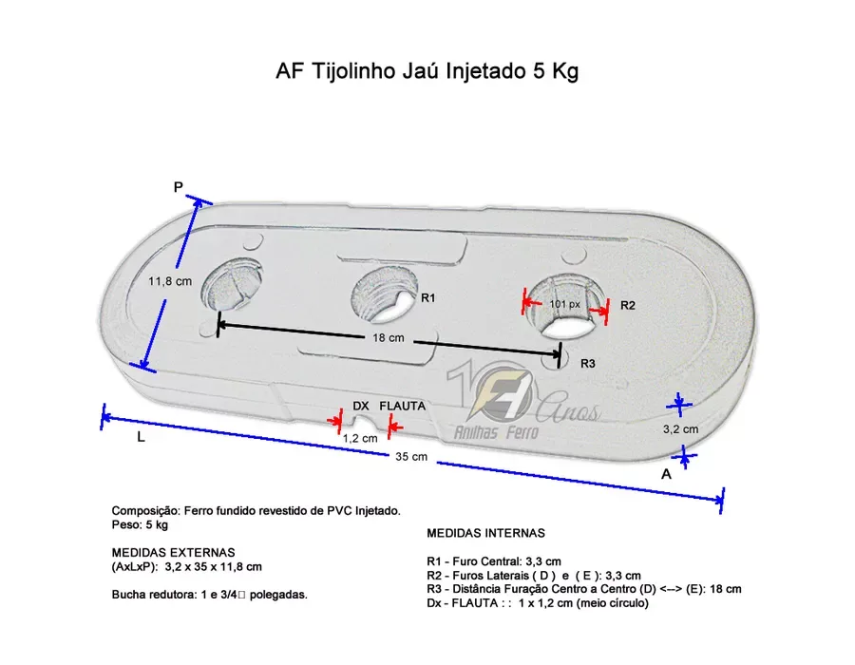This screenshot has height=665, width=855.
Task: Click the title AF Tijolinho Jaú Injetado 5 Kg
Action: click(x=427, y=71)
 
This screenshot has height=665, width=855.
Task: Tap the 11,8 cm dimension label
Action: click(x=170, y=281)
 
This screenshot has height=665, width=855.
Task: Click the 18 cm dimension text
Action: click(x=389, y=338)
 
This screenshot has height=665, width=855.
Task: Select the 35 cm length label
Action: click(x=411, y=457)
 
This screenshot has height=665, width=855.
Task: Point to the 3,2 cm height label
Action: click(x=680, y=429)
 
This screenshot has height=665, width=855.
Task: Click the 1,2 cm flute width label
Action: click(x=360, y=438)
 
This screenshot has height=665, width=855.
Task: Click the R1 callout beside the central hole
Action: click(x=428, y=297)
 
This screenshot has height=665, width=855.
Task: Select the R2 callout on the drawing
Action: click(x=628, y=305)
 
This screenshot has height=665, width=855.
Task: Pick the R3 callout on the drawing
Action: click(x=587, y=364)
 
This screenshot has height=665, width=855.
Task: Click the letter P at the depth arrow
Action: click(x=178, y=187)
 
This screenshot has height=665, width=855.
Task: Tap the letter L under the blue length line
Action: click(x=141, y=437)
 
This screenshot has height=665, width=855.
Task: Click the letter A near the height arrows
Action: click(x=666, y=474)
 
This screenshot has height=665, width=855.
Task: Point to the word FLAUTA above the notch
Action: click(x=403, y=406)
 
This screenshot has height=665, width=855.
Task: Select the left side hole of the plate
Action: click(x=231, y=284)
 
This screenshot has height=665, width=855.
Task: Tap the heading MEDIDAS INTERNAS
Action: click(x=485, y=533)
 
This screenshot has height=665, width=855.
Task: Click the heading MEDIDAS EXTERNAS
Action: click(x=174, y=552)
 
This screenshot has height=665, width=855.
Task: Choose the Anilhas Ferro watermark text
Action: click(x=496, y=432)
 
